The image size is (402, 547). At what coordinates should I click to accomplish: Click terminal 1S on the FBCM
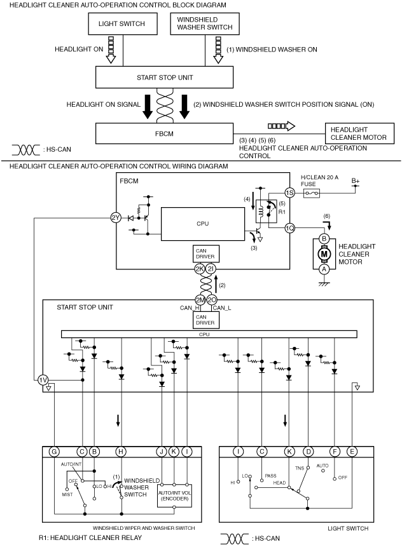click(289, 193)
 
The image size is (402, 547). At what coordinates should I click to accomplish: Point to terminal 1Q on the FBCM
click(289, 228)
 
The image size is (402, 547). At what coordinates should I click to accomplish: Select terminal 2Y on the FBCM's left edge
click(116, 218)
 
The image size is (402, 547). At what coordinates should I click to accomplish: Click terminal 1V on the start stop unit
click(43, 380)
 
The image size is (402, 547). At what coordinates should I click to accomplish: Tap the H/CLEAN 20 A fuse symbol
click(311, 193)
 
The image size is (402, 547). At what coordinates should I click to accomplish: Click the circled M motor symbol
click(324, 254)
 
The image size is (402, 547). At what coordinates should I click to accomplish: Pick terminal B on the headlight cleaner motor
click(324, 239)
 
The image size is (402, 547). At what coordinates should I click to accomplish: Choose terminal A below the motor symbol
click(324, 269)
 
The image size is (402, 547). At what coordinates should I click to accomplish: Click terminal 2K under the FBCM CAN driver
click(200, 269)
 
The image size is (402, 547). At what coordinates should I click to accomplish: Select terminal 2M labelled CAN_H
click(200, 300)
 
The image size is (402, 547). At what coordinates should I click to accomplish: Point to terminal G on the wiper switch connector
click(54, 452)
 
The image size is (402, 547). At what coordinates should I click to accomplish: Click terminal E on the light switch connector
click(352, 452)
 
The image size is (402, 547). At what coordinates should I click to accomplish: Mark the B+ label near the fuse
click(356, 180)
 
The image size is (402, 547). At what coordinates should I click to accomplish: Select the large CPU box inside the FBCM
click(202, 224)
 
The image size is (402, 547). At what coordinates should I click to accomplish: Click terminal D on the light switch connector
click(308, 452)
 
